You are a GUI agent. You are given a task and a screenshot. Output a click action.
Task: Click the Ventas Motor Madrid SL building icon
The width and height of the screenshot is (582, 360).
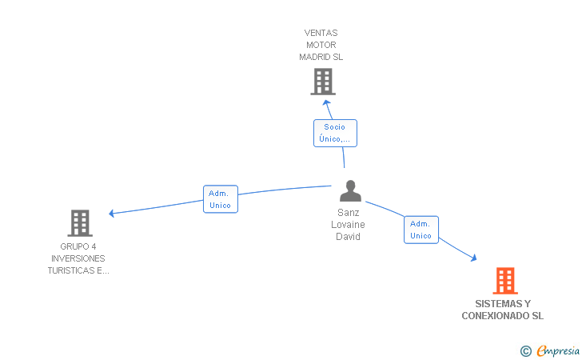323,82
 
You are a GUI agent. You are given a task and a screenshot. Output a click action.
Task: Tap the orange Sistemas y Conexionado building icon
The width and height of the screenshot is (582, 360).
505,281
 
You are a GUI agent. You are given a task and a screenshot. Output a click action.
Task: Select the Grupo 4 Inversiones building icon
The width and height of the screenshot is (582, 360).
80,223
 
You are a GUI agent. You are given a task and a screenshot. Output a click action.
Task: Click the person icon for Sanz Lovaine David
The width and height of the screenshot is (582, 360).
350,191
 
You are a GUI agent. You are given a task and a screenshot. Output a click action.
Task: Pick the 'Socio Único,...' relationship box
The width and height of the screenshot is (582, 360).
335,133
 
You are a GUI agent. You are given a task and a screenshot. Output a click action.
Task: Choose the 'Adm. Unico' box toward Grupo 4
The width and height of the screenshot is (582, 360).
221,199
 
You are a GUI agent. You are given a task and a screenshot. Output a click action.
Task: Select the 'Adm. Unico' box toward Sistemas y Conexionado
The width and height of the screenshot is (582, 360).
421,230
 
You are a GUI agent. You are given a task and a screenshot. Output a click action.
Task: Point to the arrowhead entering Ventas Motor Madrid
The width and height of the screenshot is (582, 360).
326,103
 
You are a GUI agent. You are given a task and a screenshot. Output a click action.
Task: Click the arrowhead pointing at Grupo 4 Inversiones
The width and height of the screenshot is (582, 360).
111,214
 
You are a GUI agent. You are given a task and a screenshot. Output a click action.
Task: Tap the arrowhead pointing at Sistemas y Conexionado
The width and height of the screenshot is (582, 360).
473,258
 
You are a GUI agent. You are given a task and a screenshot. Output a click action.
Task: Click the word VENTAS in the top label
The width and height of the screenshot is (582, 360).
321,33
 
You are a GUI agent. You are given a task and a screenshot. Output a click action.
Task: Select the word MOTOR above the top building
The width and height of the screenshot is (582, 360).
321,45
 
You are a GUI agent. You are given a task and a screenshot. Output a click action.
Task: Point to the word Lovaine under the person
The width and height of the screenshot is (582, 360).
349,224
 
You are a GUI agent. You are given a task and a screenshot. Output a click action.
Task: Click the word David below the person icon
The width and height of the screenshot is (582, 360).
349,237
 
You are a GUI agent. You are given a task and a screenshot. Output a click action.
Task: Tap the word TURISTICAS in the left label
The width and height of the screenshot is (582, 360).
71,270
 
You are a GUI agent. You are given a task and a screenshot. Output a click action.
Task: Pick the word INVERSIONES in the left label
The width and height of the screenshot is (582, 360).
78,258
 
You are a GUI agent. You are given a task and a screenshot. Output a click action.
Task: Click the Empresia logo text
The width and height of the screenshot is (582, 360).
558,350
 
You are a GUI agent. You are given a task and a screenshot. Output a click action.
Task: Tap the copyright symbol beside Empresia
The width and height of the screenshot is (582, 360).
526,351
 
